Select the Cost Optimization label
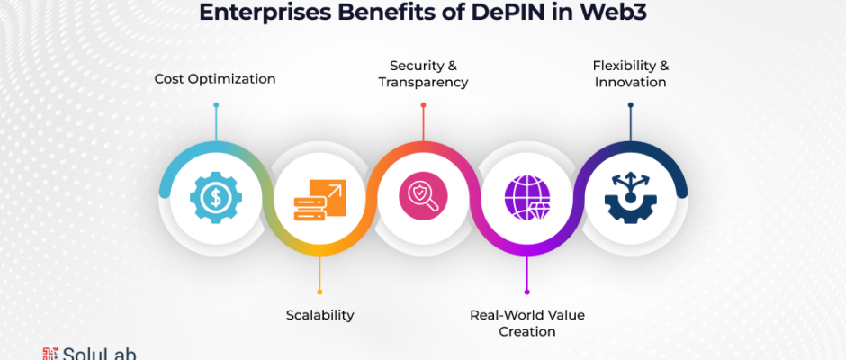click(214, 79)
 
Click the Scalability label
click(319, 315)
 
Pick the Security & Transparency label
click(423, 74)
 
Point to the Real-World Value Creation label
click(526, 323)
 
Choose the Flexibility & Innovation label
click(630, 74)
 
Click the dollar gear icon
click(215, 195)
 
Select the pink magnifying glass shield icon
click(423, 196)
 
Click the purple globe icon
click(526, 197)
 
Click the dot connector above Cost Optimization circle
click(216, 105)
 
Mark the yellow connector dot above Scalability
click(319, 292)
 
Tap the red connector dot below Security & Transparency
click(423, 105)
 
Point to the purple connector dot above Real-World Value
click(526, 292)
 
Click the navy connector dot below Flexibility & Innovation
click(630, 105)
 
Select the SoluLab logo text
click(99, 354)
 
